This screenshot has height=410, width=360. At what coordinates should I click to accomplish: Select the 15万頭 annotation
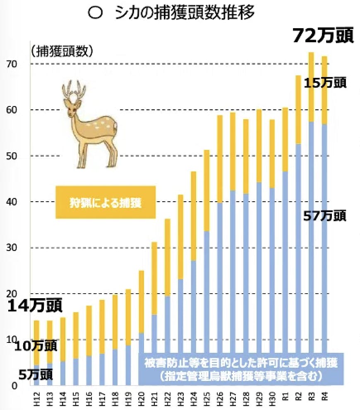(x=325, y=83)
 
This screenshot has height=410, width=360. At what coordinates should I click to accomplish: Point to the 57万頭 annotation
(x=325, y=216)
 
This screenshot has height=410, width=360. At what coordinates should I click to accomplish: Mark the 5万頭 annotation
(x=35, y=374)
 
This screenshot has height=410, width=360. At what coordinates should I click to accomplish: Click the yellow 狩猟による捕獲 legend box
(x=106, y=202)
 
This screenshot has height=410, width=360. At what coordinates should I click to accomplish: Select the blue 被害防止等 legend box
(x=242, y=370)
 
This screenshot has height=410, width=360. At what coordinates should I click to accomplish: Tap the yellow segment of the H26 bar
(x=219, y=159)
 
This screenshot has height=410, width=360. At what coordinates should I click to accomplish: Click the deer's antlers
(x=74, y=89)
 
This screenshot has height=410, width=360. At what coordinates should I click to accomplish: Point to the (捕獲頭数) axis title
(x=62, y=51)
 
